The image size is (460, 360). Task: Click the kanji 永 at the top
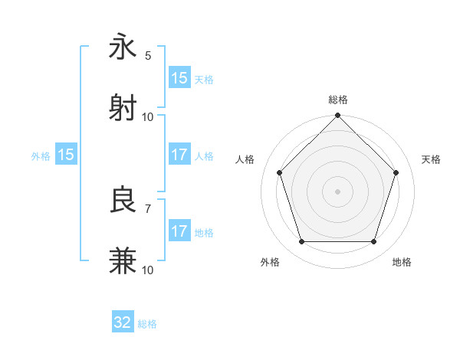pos(123,47)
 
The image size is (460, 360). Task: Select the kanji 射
pos(123,106)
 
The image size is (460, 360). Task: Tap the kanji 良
pos(123,200)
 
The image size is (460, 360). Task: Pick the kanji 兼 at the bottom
pos(123,260)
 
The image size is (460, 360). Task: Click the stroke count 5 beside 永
pos(148,55)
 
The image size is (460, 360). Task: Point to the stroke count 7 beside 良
pos(148,208)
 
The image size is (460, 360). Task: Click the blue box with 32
pos(123,322)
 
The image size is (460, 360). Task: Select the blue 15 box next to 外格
pos(66,155)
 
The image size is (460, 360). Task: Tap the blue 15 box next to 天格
pos(179,78)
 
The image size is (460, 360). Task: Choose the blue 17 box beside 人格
pos(179,155)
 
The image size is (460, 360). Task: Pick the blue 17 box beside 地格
pos(179,231)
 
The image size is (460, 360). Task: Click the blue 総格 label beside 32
pos(147,324)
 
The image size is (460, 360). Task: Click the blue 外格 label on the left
pos(41,155)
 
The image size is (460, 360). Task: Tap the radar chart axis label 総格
pos(338,100)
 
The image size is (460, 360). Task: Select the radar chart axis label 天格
pos(432,159)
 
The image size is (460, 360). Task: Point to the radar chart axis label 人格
pos(245,159)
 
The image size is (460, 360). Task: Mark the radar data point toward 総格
pos(338,116)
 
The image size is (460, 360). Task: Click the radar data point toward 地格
pos(373,242)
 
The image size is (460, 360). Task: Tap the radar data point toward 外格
pos(301,242)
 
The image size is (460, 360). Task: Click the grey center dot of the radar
pos(338,191)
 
